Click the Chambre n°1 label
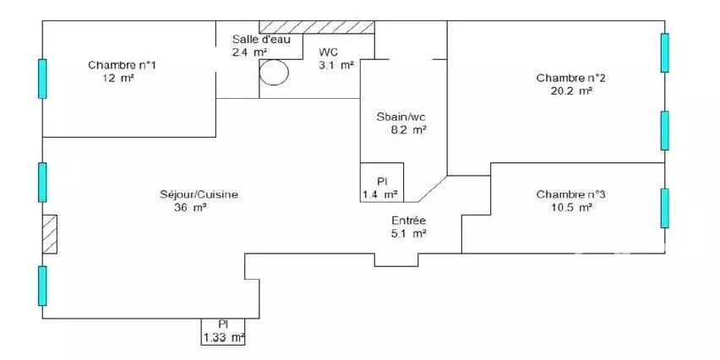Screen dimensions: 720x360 click(122, 65)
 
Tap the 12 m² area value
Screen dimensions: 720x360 click(118, 78)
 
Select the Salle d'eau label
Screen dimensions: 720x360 click(261, 39)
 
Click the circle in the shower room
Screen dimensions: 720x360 click(274, 72)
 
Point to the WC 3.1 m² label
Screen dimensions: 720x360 click(336, 58)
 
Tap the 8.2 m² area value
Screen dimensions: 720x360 click(408, 130)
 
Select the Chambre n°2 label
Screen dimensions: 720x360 click(570, 78)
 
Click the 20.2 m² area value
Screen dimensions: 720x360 click(570, 91)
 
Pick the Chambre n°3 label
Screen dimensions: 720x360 click(570, 194)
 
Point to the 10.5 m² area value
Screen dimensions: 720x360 click(570, 208)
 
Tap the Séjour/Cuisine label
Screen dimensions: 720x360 click(199, 194)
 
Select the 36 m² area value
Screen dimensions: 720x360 click(190, 208)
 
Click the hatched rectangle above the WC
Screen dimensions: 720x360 click(317, 27)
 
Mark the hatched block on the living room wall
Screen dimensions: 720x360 click(50, 234)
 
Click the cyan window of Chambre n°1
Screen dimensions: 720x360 click(42, 79)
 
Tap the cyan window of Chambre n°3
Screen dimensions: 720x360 click(664, 208)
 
